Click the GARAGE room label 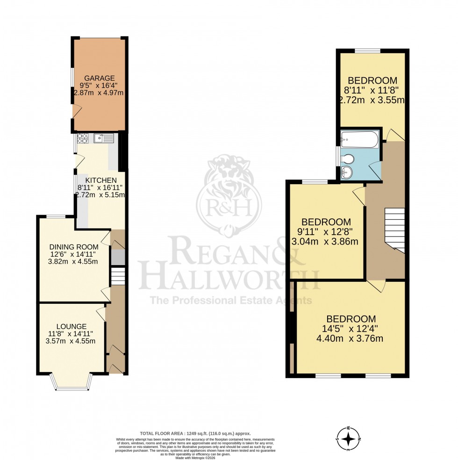99,78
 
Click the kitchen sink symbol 103,137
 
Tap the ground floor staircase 118,276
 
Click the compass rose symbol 349,439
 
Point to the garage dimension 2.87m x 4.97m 99,93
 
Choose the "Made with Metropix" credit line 195,458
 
